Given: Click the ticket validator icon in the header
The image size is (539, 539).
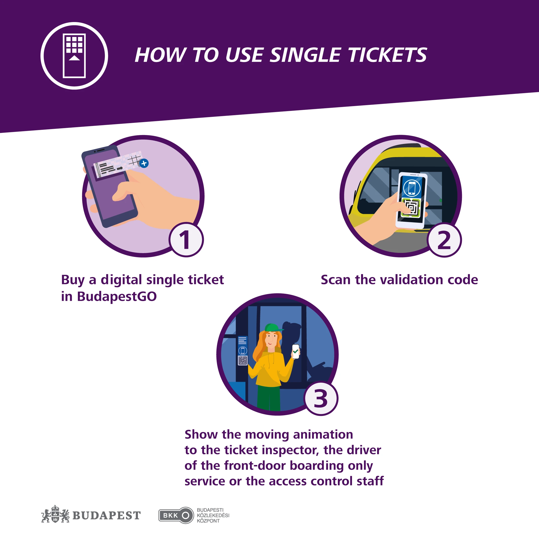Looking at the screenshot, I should pos(74,56).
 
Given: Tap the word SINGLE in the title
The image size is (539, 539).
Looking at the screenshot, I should pos(306,55).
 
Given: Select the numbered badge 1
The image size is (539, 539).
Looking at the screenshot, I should pos(186,240).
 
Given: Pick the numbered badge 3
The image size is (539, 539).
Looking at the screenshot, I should pos(321,398).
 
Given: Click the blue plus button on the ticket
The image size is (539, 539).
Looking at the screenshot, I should pos(144,163).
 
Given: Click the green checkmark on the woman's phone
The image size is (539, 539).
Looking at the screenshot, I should pos(295,352).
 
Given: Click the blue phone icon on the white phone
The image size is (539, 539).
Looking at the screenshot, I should pos(412,188).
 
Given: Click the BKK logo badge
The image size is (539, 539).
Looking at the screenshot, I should pos(176,515).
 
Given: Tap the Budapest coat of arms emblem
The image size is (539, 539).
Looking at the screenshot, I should pos(55,514).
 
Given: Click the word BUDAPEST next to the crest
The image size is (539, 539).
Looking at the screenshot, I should pos(107,516).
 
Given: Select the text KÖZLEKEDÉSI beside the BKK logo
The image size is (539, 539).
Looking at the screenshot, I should pos(213,515).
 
